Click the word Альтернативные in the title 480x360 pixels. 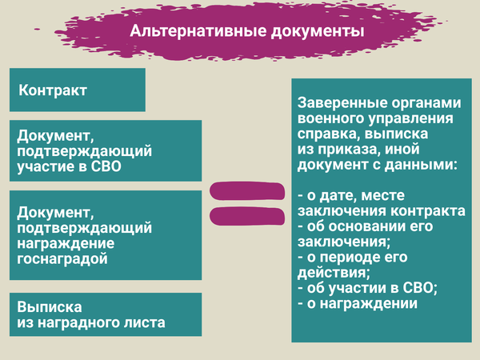tap(198, 31)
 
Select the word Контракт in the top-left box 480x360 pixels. tap(53, 90)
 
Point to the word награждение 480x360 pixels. tap(66, 243)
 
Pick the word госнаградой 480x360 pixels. tap(62, 259)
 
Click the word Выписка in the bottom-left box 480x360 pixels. tap(50, 307)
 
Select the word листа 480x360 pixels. tap(145, 322)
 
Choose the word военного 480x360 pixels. tap(330, 118)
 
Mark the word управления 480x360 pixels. tap(410, 118)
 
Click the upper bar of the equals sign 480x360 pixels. tap(247, 191)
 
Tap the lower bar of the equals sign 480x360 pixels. tap(247, 216)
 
